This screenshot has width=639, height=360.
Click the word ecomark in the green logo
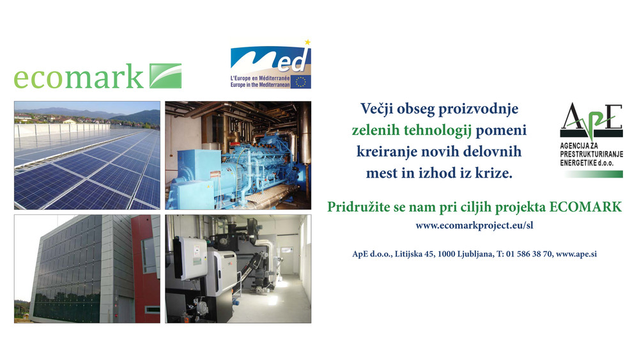[79, 76]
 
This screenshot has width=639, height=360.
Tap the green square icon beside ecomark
[166, 76]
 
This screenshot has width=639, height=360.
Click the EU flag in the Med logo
[301, 82]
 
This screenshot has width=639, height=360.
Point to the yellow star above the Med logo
[308, 42]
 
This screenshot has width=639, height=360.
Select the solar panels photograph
[87, 155]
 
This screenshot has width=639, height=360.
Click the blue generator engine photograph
[238, 155]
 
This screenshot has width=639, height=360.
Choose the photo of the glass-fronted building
[87, 269]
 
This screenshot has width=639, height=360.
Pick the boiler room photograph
[238, 269]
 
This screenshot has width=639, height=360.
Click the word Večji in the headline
[376, 109]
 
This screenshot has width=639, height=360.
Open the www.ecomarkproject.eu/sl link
[474, 226]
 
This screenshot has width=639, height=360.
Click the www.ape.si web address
[576, 254]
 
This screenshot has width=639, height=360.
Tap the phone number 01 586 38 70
[529, 254]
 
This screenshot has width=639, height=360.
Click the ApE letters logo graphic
[591, 120]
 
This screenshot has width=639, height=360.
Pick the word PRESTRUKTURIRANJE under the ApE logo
[591, 154]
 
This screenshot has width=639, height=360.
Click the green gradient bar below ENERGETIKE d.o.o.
[594, 174]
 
